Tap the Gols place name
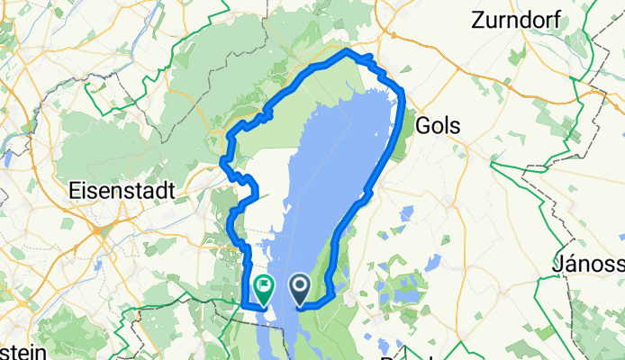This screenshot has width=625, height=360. (x=439, y=127)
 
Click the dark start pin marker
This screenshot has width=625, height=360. (x=299, y=289)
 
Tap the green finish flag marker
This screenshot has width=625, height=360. (x=264, y=289)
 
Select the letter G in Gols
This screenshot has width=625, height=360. (x=422, y=127)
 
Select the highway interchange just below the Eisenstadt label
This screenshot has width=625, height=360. (x=96, y=228)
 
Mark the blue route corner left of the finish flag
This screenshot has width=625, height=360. (x=245, y=306)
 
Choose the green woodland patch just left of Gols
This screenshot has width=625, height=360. (x=406, y=126)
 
